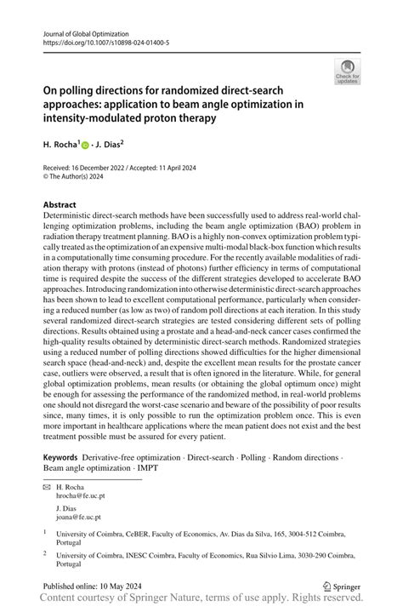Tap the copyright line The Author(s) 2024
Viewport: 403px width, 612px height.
[x=85, y=178]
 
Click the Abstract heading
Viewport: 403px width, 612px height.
[x=61, y=205]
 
